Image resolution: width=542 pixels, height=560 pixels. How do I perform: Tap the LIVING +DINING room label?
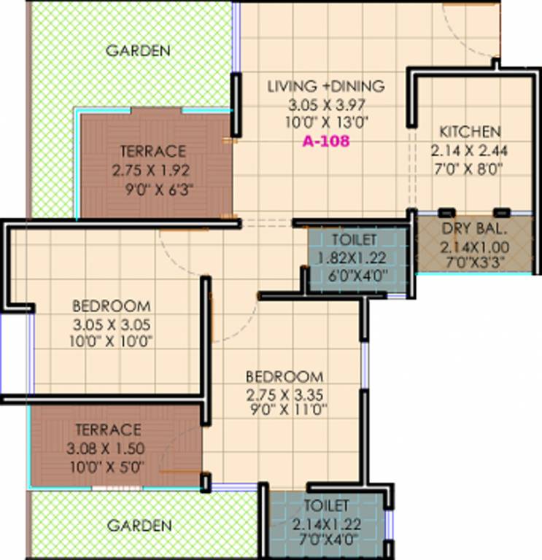point(325,86)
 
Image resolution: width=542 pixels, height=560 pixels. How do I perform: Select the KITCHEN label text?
point(470,132)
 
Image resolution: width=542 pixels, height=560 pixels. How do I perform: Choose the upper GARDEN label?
point(138,51)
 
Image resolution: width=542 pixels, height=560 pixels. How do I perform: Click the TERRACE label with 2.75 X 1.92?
point(153,152)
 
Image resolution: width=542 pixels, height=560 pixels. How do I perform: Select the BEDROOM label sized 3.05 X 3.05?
point(112,306)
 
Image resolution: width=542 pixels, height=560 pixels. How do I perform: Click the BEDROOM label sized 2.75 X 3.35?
point(284,377)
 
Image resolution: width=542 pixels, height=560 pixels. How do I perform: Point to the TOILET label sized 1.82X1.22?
point(355,240)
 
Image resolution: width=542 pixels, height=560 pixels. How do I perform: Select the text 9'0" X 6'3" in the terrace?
point(159,193)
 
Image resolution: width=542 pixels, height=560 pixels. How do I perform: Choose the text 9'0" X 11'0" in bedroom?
point(285,411)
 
